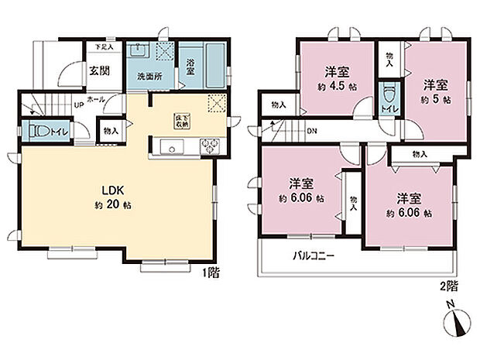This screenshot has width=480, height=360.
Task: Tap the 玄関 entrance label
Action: (98, 71)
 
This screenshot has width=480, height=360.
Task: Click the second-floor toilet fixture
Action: (389, 97)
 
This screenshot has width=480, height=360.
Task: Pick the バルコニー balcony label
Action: (314, 256)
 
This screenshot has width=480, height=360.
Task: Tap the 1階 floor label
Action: (211, 273)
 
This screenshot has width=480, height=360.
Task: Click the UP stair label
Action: (79, 106)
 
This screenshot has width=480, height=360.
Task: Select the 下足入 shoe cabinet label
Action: (103, 47)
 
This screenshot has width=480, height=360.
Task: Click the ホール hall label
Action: (97, 100)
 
